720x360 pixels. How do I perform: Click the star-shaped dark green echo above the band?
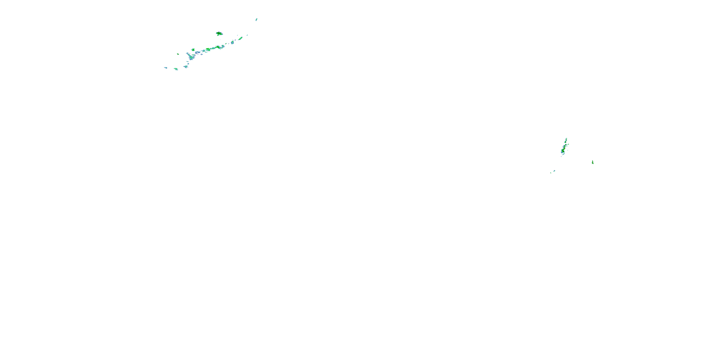[x=219, y=34]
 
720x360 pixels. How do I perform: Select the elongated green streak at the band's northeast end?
[x=240, y=39]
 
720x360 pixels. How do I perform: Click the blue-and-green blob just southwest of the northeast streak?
[x=232, y=42]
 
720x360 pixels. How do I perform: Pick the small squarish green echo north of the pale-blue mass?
[x=193, y=50]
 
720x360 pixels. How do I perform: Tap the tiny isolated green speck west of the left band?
[x=178, y=54]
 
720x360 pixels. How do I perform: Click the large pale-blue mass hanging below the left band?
[x=191, y=57]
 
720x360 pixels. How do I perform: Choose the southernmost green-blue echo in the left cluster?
[x=176, y=69]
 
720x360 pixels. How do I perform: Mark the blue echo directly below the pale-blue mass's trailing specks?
[x=185, y=66]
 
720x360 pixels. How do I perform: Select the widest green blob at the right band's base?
[x=563, y=151]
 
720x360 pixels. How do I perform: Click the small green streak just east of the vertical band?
[x=568, y=144]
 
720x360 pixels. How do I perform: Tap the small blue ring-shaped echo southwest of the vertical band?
[x=554, y=171]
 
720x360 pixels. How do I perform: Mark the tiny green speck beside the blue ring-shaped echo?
[x=551, y=173]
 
